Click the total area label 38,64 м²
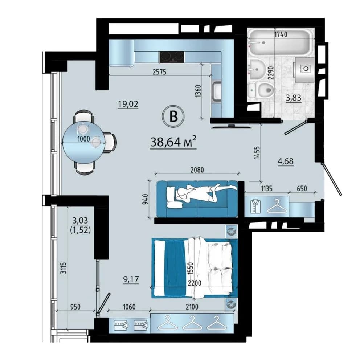pos(173,142)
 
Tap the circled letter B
pos(173,116)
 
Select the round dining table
pos(84,142)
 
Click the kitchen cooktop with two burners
pos(172,57)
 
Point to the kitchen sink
pos(216,92)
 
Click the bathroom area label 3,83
pos(294,98)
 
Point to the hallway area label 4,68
pos(285,161)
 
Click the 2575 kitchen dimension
pos(159,72)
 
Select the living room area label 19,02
pos(128,104)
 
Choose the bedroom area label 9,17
pos(131,279)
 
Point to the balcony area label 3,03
pos(80,220)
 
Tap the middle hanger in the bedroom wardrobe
pos(192,323)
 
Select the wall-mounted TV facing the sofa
pos(232,126)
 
